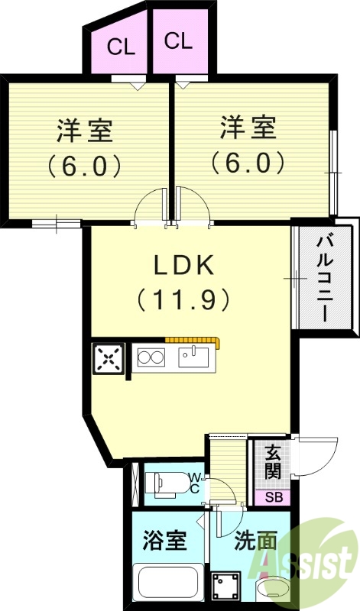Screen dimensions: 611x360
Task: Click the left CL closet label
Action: [x=121, y=47]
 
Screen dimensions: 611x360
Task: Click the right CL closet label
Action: [x=177, y=40]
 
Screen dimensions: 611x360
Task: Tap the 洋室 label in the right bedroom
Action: [x=248, y=128]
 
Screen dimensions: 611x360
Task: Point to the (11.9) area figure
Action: [x=183, y=300]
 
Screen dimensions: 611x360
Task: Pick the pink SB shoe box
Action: [x=272, y=497]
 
